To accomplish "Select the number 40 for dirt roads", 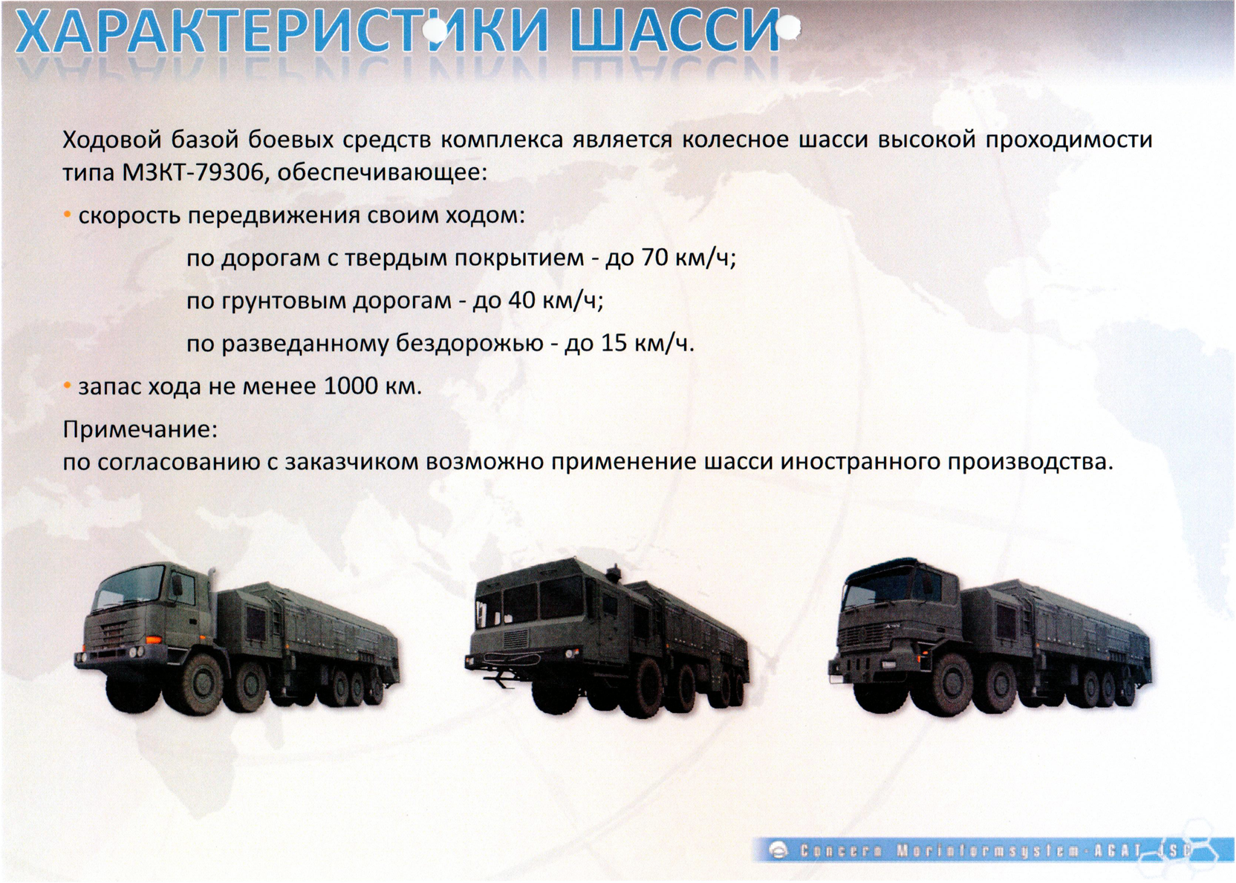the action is pyautogui.click(x=521, y=301).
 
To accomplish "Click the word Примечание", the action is pyautogui.click(x=140, y=429).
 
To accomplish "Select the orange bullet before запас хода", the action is pyautogui.click(x=68, y=385).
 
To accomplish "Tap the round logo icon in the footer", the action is pyautogui.click(x=778, y=852).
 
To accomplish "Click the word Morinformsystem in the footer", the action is pyautogui.click(x=976, y=852).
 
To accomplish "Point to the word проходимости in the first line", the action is pyautogui.click(x=1069, y=140).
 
